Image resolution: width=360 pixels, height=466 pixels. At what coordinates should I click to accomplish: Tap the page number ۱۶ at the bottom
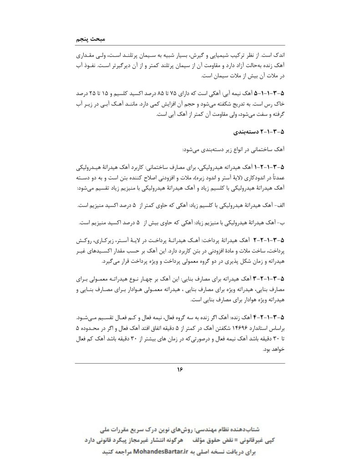click(180, 370)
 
